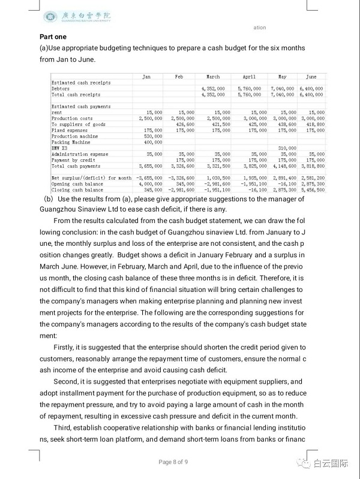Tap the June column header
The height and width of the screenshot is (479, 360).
coord(311,77)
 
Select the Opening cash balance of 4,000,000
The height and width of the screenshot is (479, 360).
coord(149,183)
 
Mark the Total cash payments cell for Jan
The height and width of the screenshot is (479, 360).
coord(149,166)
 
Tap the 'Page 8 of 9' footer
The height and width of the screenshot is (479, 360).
coord(174,462)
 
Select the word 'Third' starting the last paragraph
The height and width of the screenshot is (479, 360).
coord(63,427)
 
